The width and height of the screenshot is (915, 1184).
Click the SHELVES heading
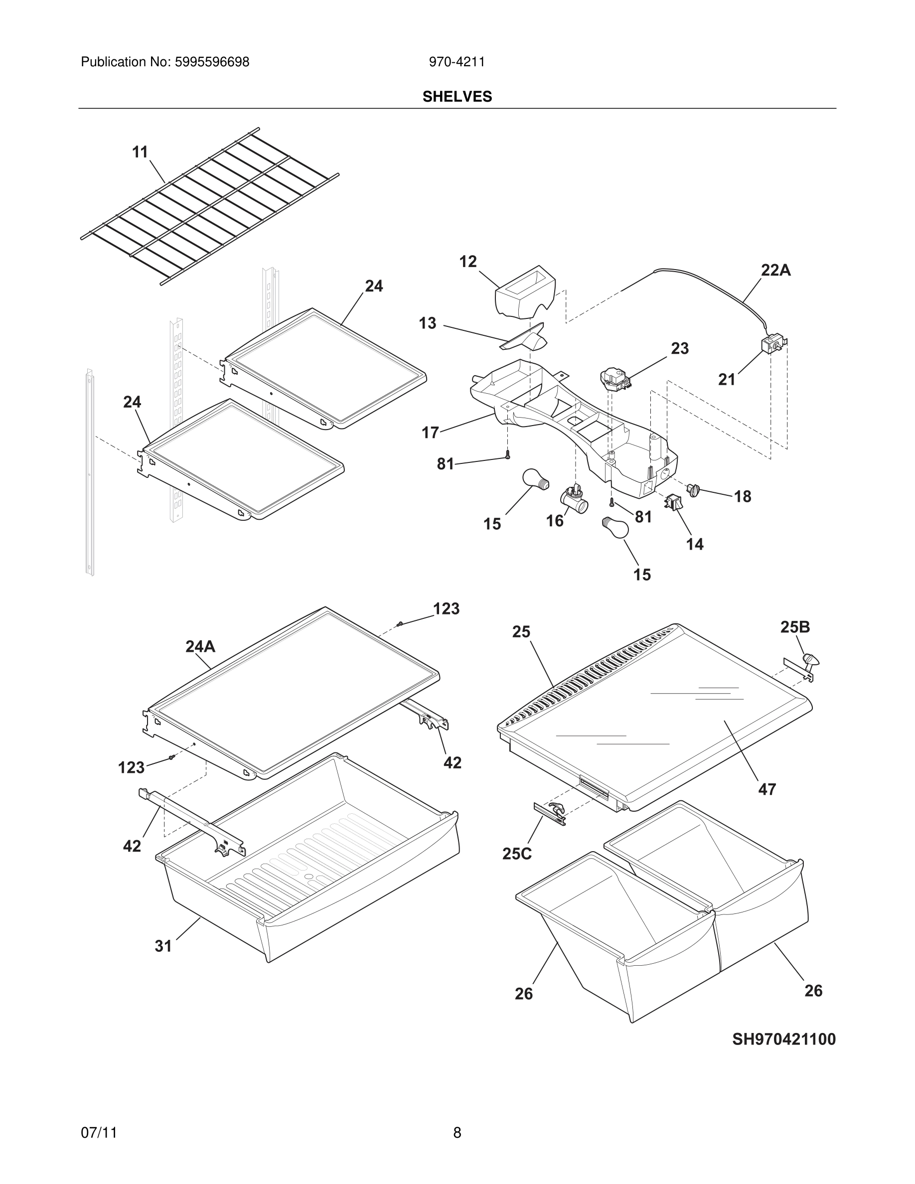pyautogui.click(x=457, y=97)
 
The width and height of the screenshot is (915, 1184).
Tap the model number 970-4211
pyautogui.click(x=457, y=62)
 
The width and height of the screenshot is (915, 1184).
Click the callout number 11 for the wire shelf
pyautogui.click(x=140, y=152)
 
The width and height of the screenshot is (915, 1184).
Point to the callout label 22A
pyautogui.click(x=775, y=270)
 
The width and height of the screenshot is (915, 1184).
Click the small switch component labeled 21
pyautogui.click(x=772, y=344)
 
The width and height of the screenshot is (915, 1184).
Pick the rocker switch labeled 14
pyautogui.click(x=674, y=502)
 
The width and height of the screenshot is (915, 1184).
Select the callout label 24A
pyautogui.click(x=200, y=646)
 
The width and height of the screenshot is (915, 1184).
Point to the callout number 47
pyautogui.click(x=766, y=789)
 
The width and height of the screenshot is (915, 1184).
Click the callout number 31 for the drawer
pyautogui.click(x=163, y=946)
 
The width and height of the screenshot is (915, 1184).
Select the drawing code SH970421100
pyautogui.click(x=783, y=1039)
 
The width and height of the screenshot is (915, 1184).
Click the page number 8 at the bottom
pyautogui.click(x=457, y=1133)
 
